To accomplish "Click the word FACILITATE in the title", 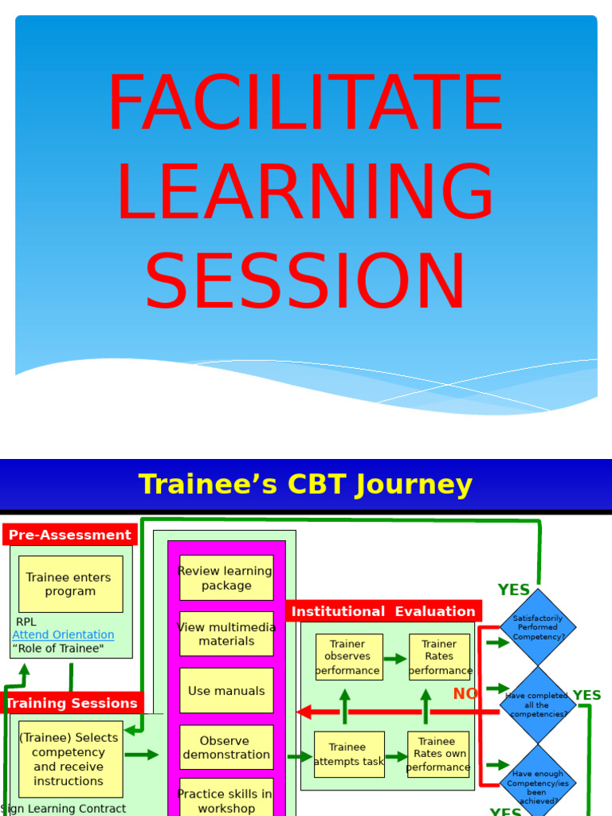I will point(305,104).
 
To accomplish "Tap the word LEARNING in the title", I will point(305,193).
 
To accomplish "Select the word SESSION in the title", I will point(305,282).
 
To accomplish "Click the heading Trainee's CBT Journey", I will point(305,484).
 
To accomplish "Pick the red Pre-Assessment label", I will point(69,535).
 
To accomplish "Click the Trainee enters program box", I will point(70,584).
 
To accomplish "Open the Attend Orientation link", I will point(63,634).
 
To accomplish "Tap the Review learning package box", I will point(226,578).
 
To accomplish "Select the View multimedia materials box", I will point(226,634).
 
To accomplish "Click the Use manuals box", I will point(226,691).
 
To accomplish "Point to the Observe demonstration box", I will point(226,747).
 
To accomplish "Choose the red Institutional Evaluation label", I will point(383,611).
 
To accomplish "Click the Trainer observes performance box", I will point(348,657).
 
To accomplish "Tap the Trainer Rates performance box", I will point(439,657).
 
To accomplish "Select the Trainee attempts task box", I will point(348,754).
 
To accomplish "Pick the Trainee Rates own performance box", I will point(438,754).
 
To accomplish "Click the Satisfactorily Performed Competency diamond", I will point(538,628).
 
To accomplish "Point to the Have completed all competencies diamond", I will point(538,705).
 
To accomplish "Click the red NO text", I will point(465,694).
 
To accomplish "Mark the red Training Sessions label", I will point(73,703).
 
